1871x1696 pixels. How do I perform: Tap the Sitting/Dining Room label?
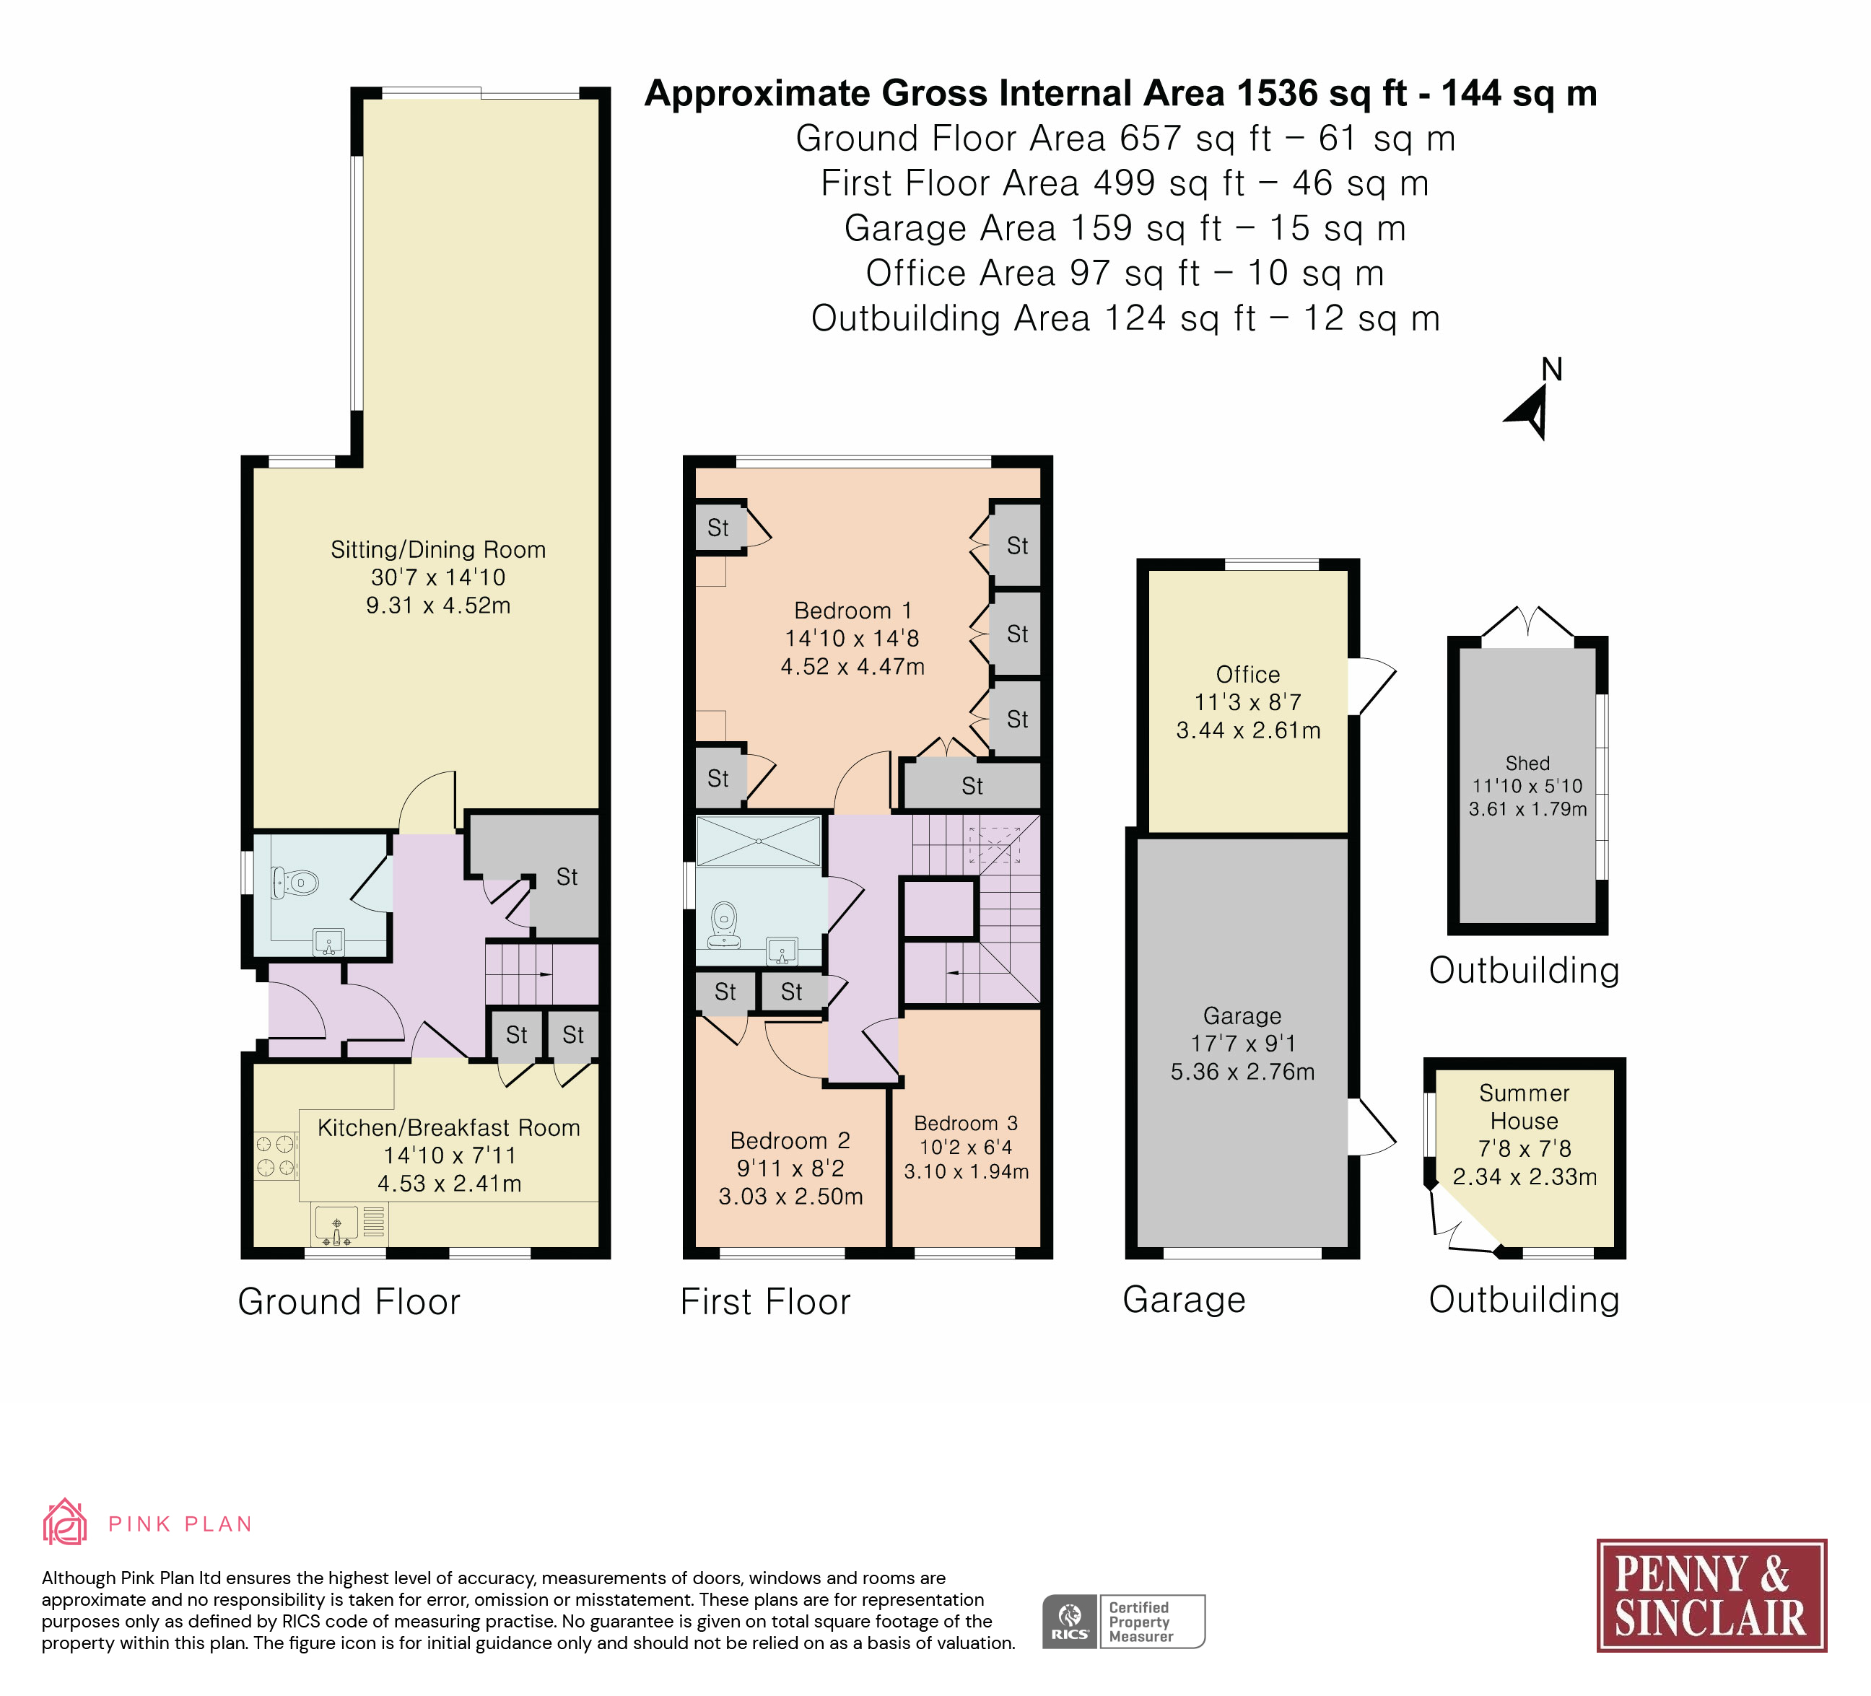pos(438,549)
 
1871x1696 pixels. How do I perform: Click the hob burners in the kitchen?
pos(276,1156)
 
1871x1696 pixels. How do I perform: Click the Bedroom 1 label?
pos(853,611)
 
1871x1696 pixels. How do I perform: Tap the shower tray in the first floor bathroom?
pos(759,841)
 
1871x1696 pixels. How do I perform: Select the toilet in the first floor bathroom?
pos(724,926)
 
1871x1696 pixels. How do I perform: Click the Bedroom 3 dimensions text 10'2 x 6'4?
pos(966,1148)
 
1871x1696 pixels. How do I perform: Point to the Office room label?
pos(1248,675)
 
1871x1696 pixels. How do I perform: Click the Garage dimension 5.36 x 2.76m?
pos(1243,1072)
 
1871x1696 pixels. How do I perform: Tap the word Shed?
pos(1527,763)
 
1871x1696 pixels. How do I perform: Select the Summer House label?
pos(1525,1107)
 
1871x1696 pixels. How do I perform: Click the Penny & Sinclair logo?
pos(1711,1596)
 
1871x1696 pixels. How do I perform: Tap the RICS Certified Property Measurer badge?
pos(1124,1622)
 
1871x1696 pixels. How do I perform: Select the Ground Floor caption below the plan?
pos(349,1302)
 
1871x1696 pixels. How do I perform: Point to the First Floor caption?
pos(766,1302)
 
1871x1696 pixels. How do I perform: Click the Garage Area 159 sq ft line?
pos(1125,228)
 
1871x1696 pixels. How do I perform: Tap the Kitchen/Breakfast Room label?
pos(449,1127)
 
